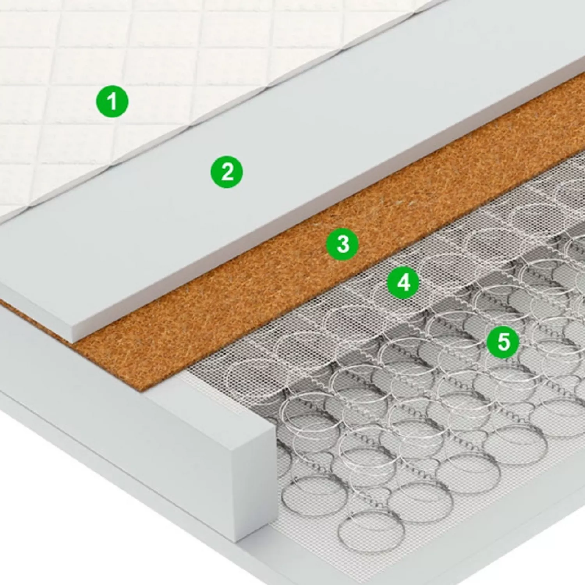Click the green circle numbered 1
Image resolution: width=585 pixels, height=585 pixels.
click(112, 101)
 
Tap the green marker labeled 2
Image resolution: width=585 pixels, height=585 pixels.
click(227, 172)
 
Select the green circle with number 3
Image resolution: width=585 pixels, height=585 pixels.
click(342, 244)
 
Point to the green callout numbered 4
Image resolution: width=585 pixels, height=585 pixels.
click(403, 282)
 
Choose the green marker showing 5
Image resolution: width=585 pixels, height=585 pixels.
click(503, 342)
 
